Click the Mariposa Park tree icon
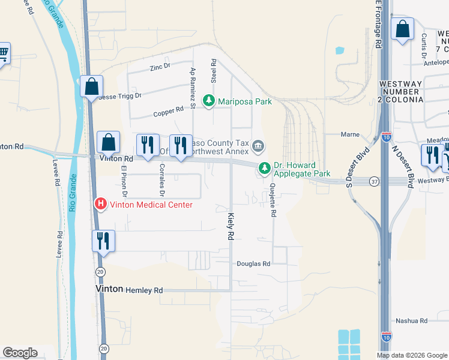coord(209,101)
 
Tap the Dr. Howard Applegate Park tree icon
coord(264,169)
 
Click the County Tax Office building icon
coord(258,146)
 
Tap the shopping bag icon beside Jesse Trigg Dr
coord(91,86)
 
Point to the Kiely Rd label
coord(230,227)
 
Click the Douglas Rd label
coord(253,263)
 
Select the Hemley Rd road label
coord(144,290)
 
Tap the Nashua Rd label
coord(411,321)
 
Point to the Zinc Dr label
coord(160,67)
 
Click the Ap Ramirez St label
coord(193,88)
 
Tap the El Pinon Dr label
coord(124,181)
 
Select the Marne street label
coord(350,134)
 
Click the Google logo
coord(20,353)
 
